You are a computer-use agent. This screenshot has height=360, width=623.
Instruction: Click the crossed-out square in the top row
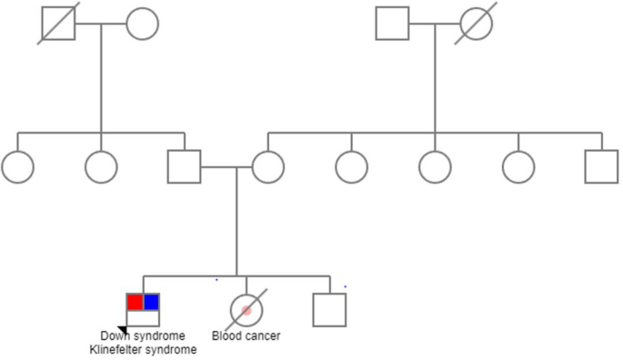click(x=58, y=23)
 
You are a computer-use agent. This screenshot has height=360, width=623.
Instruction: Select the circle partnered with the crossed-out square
click(x=142, y=23)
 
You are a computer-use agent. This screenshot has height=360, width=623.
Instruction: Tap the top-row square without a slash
click(x=392, y=23)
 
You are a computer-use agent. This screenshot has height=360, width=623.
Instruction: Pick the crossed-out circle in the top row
click(x=476, y=23)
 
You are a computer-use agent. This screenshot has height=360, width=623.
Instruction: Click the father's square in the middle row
click(x=184, y=167)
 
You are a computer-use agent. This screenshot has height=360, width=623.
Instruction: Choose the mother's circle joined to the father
click(x=267, y=167)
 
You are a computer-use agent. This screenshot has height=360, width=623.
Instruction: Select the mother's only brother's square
click(x=601, y=167)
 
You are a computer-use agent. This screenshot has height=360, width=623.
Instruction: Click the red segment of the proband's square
click(x=135, y=302)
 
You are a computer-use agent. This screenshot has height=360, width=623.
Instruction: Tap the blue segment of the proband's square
click(x=151, y=302)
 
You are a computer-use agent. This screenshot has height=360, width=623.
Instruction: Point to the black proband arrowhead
click(x=122, y=330)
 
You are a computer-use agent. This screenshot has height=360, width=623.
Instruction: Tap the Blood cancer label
click(x=246, y=336)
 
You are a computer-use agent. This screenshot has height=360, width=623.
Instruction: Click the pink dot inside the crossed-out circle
click(x=246, y=311)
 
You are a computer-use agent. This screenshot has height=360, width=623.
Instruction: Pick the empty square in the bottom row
click(x=329, y=310)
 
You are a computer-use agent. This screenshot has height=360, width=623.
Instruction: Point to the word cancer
click(x=263, y=336)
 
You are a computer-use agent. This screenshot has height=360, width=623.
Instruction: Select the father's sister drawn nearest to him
click(x=101, y=167)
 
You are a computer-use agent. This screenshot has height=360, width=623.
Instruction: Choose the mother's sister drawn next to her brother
click(x=518, y=167)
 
